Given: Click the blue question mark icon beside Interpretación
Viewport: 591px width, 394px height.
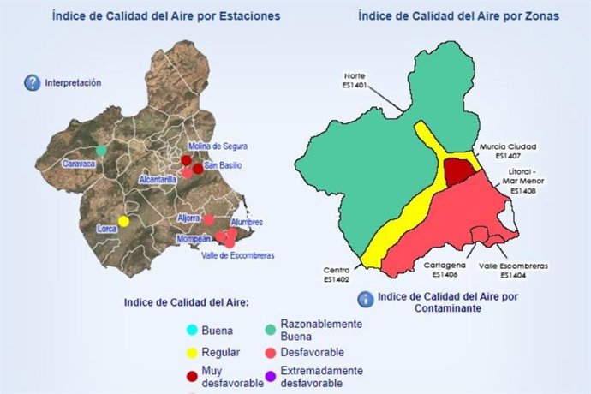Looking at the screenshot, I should (x=33, y=83).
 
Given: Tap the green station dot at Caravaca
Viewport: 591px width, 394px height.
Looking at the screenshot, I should (x=101, y=150).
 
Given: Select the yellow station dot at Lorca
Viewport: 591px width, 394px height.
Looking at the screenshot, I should (x=123, y=221).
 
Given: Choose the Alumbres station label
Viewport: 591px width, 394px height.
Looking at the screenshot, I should (x=247, y=222).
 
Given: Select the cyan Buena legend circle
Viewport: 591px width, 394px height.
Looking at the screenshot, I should (x=193, y=331).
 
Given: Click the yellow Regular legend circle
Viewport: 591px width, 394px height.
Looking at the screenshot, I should (x=193, y=353).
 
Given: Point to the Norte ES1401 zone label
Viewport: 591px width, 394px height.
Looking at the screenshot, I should (x=354, y=80).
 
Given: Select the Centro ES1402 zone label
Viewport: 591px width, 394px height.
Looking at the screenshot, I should (x=337, y=274).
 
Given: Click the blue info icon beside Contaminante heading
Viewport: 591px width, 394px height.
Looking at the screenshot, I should (x=366, y=300).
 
